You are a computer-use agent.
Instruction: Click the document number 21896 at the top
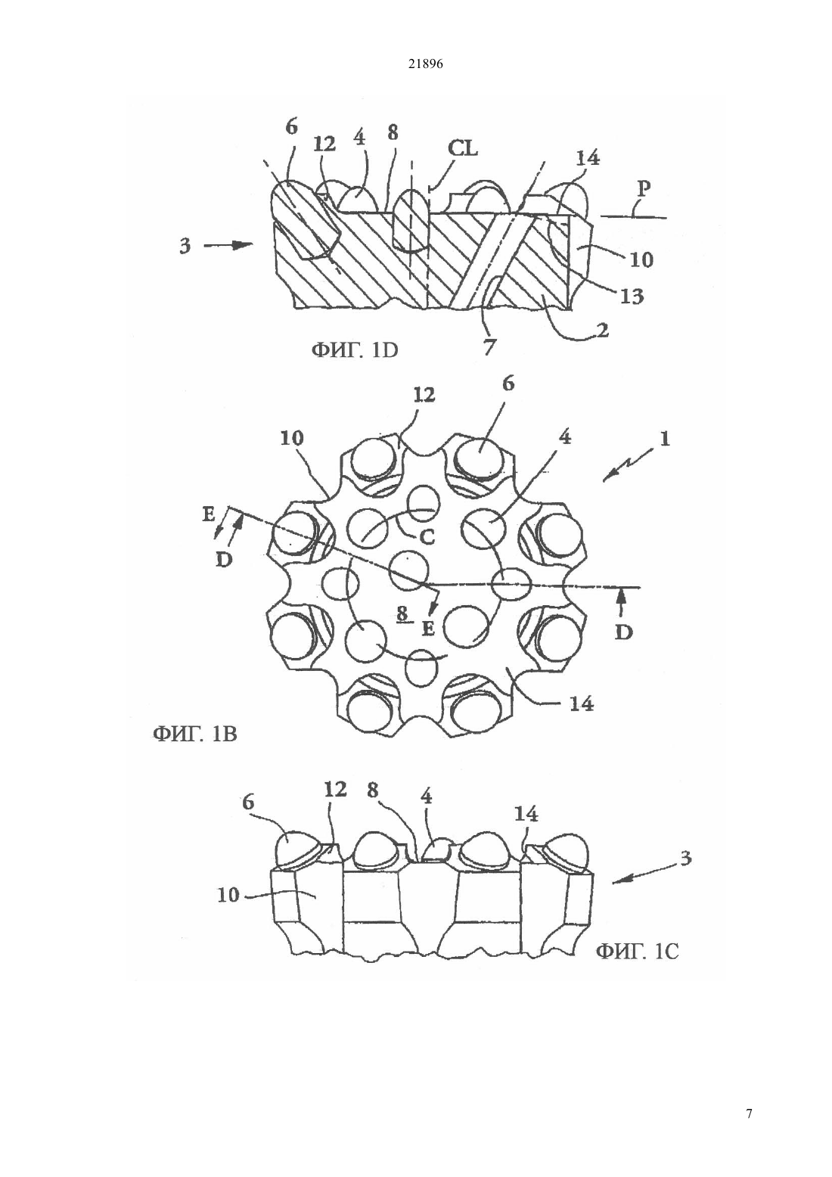pyautogui.click(x=425, y=64)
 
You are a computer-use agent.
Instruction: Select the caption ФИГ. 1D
pyautogui.click(x=355, y=350)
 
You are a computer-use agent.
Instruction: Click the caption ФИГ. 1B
pyautogui.click(x=194, y=734)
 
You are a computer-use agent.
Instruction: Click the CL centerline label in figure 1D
pyautogui.click(x=463, y=149)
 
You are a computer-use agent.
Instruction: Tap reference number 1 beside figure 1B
pyautogui.click(x=664, y=438)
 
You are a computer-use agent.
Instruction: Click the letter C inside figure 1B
pyautogui.click(x=426, y=537)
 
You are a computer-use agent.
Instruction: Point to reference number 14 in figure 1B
pyautogui.click(x=582, y=703)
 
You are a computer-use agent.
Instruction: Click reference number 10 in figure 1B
pyautogui.click(x=292, y=438)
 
